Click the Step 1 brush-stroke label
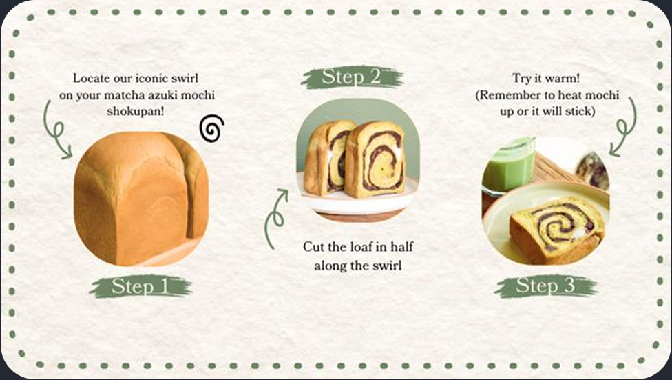tap(140, 286)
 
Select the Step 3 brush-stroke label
tap(545, 286)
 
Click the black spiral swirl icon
tap(211, 128)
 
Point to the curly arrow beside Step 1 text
tap(56, 129)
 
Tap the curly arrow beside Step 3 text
tap(624, 127)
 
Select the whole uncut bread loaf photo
tap(141, 199)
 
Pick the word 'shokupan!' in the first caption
tap(136, 111)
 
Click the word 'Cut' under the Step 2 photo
tap(312, 247)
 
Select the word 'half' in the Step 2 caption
tap(402, 246)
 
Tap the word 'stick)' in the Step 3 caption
tap(580, 111)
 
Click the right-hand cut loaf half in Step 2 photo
tap(375, 159)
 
